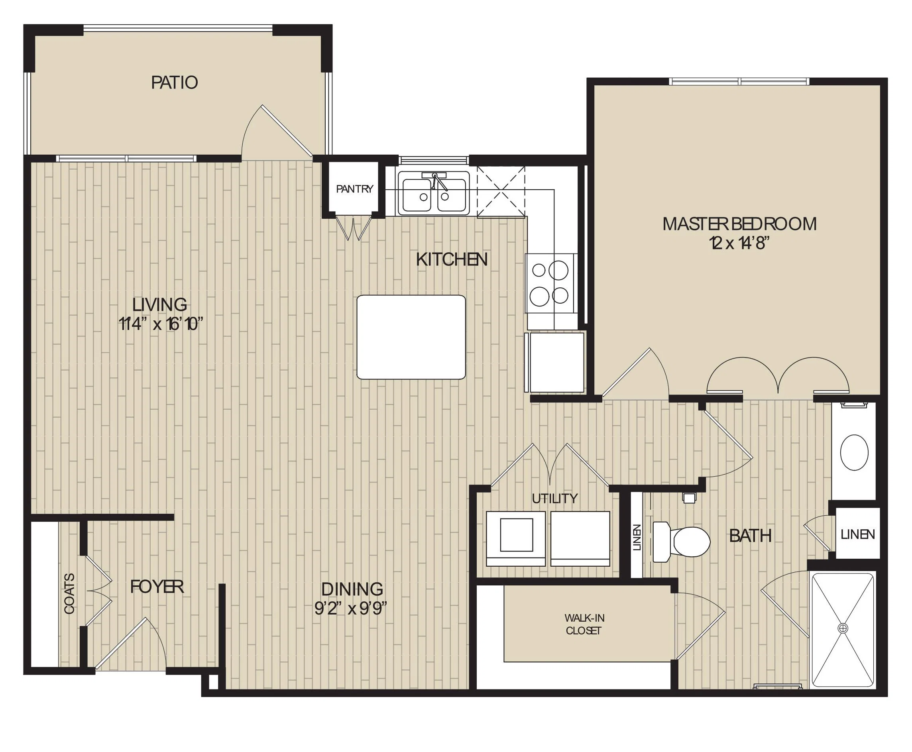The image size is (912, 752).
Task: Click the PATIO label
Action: pyautogui.click(x=175, y=82)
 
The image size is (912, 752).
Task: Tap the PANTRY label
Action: pyautogui.click(x=354, y=189)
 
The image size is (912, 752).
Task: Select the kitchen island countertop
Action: pyautogui.click(x=411, y=337)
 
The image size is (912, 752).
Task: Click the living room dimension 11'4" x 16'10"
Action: pyautogui.click(x=161, y=324)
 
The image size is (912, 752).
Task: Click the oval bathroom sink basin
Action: pyautogui.click(x=854, y=452)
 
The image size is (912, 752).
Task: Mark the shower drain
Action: pyautogui.click(x=843, y=628)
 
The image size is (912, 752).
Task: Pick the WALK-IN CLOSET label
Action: pyautogui.click(x=584, y=624)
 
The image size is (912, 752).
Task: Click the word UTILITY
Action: pyautogui.click(x=554, y=499)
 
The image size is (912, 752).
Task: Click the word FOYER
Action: pyautogui.click(x=157, y=587)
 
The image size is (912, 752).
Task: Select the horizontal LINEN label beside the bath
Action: pyautogui.click(x=858, y=534)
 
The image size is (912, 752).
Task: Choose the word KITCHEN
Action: pyautogui.click(x=452, y=259)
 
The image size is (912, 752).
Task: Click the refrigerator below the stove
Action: pyautogui.click(x=554, y=362)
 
